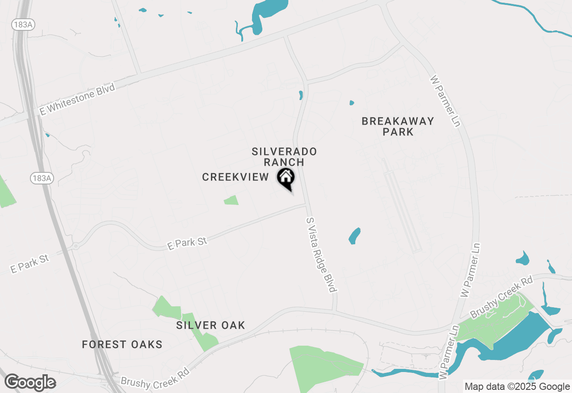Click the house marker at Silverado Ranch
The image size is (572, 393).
286,178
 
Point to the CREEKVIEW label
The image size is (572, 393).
236,177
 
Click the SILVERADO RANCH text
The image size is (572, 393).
284,157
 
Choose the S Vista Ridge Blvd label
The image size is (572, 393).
321,255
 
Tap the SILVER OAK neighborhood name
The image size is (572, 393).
210,325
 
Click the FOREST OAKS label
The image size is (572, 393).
122,344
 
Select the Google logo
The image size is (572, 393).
30,383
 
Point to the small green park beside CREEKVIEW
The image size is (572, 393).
231,200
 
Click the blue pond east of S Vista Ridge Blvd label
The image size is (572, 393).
354,236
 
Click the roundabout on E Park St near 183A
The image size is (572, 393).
76,246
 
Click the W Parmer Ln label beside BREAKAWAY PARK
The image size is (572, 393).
445,101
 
